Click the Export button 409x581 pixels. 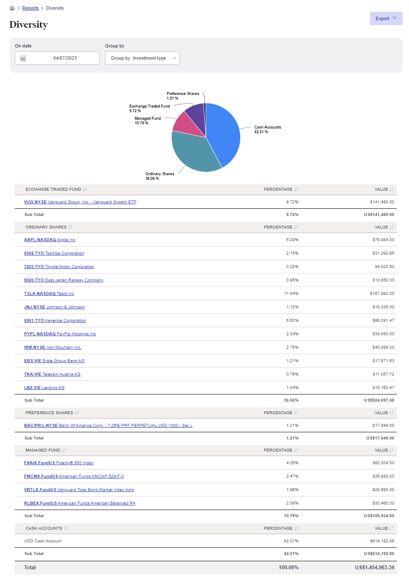point(385,18)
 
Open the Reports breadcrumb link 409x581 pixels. point(30,8)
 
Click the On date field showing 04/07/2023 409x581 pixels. point(57,58)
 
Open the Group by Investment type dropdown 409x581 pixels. point(142,58)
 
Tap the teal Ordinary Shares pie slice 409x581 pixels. point(193,153)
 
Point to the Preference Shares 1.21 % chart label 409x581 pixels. point(183,96)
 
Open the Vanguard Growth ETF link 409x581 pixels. point(80,202)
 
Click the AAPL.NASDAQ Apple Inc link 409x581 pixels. point(50,240)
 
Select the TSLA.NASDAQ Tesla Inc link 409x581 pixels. point(49,294)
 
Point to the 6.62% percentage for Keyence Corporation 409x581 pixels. point(292,321)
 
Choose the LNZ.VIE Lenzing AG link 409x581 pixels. point(44,388)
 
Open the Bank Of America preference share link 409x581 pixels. point(108,426)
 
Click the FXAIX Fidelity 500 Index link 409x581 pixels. point(59,463)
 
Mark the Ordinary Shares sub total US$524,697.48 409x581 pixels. point(379,400)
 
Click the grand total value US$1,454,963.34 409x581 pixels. point(375,568)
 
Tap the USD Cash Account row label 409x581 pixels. point(43,541)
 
